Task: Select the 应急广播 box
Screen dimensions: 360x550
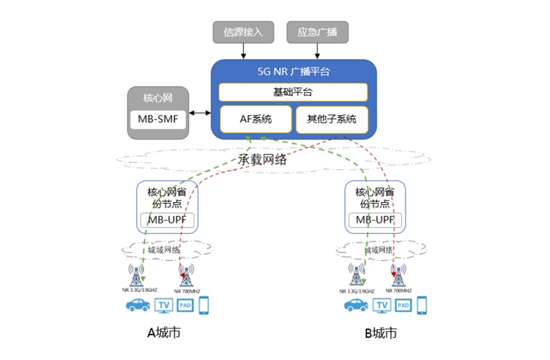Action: click(x=317, y=32)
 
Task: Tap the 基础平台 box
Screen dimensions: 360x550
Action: click(x=293, y=92)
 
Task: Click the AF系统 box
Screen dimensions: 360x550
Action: click(x=255, y=120)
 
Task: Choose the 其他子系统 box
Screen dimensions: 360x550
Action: click(x=331, y=120)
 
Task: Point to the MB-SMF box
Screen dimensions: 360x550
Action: click(x=158, y=120)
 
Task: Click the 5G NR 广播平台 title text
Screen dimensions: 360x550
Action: click(x=293, y=72)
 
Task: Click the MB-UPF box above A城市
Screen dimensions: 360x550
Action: click(x=168, y=220)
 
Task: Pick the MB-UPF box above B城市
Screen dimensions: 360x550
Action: click(x=375, y=220)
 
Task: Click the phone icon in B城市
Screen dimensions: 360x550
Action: click(x=422, y=304)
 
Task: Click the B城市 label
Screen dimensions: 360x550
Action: click(x=380, y=334)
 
